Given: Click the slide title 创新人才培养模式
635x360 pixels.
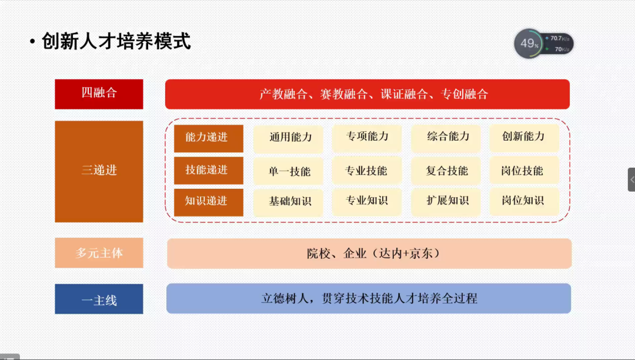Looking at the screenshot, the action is click(x=116, y=41).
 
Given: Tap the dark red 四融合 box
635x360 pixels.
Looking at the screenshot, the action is click(x=99, y=94).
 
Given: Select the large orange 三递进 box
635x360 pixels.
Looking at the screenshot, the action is click(x=99, y=171).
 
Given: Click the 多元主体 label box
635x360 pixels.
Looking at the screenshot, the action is click(x=99, y=253).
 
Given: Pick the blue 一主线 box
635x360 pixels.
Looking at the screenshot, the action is click(x=99, y=299).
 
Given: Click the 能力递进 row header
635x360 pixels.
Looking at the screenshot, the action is click(x=209, y=138).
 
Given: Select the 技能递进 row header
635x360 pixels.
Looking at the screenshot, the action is click(x=209, y=171).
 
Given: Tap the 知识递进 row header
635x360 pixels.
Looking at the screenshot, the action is click(x=209, y=202).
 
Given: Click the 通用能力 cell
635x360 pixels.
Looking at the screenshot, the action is click(x=288, y=138).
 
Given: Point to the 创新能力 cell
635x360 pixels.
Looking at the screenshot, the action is click(x=524, y=138).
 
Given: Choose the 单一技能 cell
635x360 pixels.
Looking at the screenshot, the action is click(x=288, y=171).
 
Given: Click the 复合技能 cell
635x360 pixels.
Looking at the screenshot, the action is click(x=446, y=171).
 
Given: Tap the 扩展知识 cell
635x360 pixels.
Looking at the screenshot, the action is click(x=446, y=201).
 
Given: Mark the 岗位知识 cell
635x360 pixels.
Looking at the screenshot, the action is click(x=524, y=201).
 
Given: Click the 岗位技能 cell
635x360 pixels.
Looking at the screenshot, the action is click(x=524, y=171).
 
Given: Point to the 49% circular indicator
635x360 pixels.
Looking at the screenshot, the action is click(x=529, y=44).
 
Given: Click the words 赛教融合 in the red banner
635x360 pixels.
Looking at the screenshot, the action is click(x=344, y=94).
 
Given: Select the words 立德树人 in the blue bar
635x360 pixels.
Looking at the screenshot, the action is click(x=285, y=298).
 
